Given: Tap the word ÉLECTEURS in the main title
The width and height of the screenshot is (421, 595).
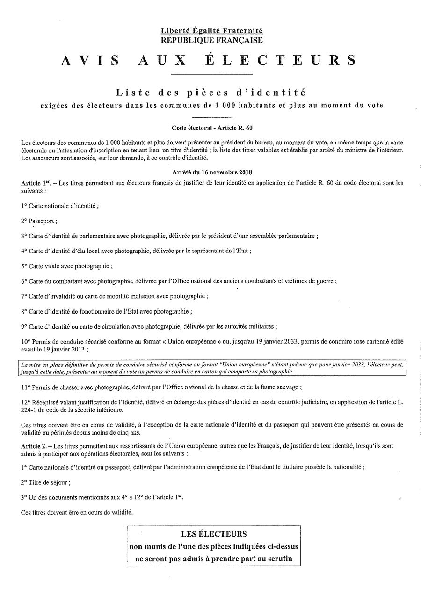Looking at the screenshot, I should (x=298, y=60).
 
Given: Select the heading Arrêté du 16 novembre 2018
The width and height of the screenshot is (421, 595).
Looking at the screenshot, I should (x=211, y=172).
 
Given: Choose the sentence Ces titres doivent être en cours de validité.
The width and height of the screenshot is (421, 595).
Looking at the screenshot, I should (x=77, y=512).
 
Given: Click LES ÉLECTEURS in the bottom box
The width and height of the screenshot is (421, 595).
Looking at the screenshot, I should (x=214, y=534).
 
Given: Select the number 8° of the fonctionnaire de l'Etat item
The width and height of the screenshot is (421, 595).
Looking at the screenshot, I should (x=24, y=311).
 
